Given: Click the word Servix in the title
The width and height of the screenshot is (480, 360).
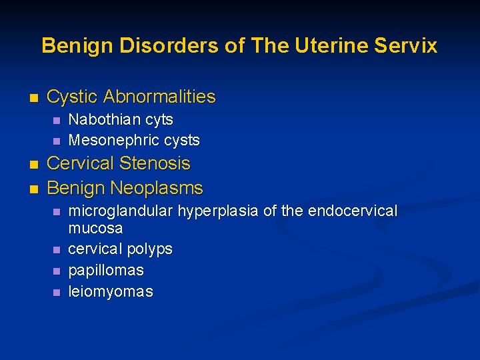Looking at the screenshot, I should (x=407, y=45).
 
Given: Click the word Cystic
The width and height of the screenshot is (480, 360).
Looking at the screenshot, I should (x=73, y=97).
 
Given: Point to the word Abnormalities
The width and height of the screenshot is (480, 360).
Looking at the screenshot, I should (x=160, y=97).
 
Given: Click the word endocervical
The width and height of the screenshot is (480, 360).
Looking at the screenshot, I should (x=351, y=211).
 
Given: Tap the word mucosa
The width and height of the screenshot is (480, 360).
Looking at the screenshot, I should (x=95, y=228).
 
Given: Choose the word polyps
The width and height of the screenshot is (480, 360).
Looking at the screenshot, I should (x=149, y=249).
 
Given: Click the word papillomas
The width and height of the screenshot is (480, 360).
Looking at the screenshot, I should (x=106, y=271).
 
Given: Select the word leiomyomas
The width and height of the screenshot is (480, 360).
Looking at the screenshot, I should (x=111, y=291).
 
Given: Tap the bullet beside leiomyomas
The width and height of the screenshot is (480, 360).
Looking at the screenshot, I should (x=56, y=292).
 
